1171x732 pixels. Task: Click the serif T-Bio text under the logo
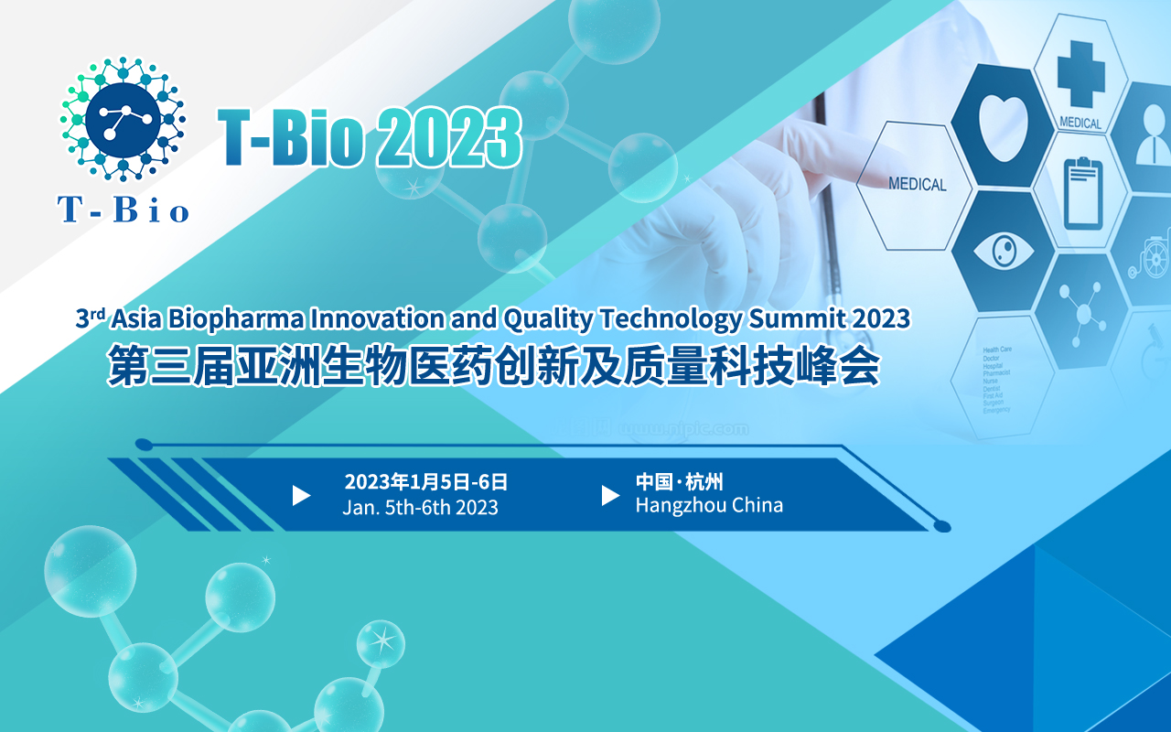(x=124, y=210)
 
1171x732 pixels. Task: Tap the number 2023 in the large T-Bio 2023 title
(x=448, y=139)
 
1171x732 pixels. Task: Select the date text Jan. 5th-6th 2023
(x=420, y=508)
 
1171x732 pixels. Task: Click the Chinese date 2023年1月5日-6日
(x=425, y=482)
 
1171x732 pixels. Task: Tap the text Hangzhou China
(x=709, y=505)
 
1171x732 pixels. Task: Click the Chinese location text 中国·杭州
(x=679, y=481)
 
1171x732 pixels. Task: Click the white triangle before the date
(x=301, y=495)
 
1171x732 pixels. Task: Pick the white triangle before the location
(x=610, y=495)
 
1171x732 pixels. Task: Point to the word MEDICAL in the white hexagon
(x=917, y=185)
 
